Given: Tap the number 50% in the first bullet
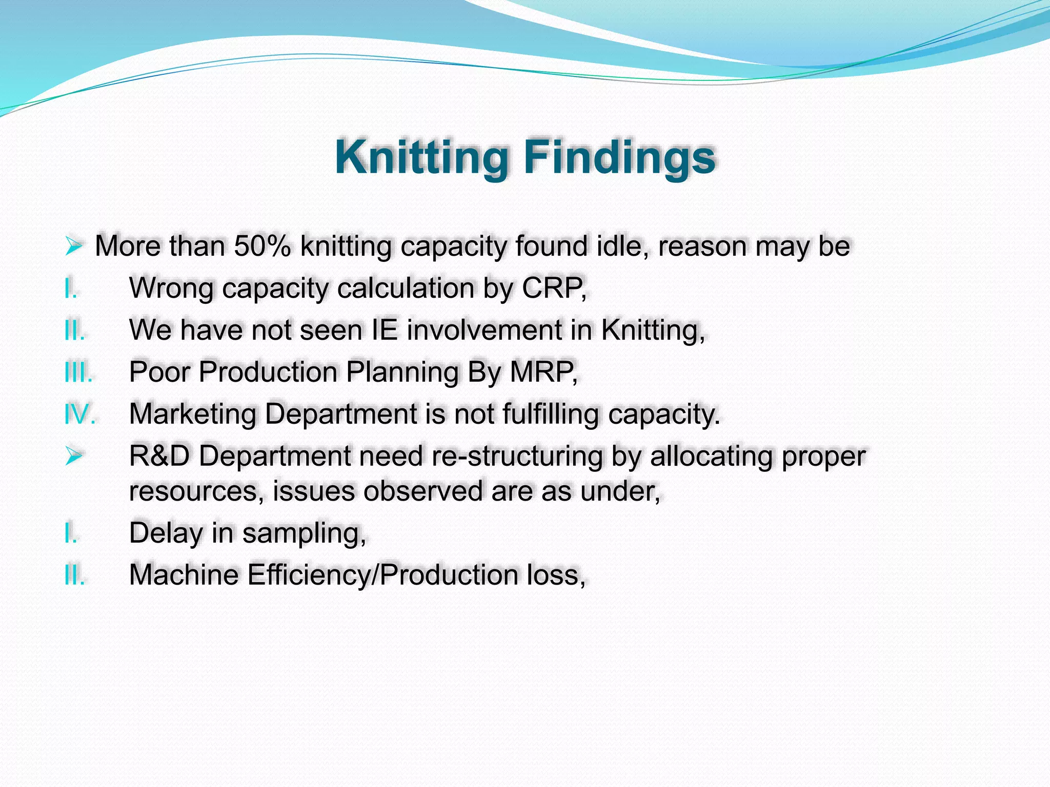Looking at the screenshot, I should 262,246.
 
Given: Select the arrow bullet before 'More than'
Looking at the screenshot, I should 74,246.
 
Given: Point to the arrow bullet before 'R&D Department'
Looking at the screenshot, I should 74,455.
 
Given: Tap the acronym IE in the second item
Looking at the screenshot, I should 384,329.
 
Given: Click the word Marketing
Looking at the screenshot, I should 192,413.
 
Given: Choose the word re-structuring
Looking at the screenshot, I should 517,455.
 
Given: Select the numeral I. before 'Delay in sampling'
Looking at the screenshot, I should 71,533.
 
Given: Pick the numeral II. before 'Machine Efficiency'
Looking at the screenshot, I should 74,575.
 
